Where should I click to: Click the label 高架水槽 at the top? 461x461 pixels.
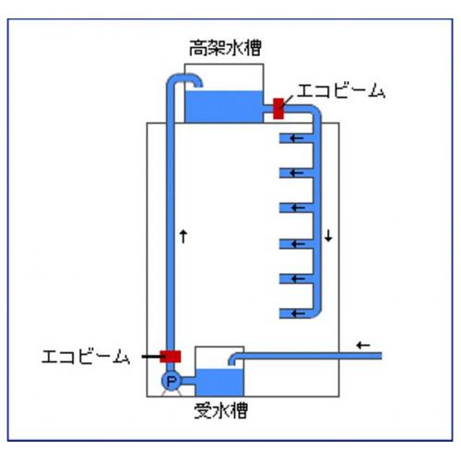click(x=225, y=48)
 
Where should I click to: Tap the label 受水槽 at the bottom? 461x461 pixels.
click(x=221, y=410)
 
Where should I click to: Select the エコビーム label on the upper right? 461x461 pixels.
click(x=341, y=91)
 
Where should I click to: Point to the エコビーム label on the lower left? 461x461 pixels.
click(x=86, y=357)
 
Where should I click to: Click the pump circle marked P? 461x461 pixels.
click(x=171, y=381)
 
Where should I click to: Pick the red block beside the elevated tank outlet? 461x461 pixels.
click(x=278, y=109)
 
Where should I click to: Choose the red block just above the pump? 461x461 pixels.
click(x=171, y=357)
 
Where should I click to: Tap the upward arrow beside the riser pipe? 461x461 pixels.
click(x=183, y=236)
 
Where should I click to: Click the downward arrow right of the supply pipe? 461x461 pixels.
click(x=329, y=235)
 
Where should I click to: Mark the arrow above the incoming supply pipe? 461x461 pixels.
click(x=363, y=345)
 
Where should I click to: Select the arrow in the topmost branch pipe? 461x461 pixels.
click(x=297, y=138)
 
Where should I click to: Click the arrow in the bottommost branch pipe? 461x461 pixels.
click(x=298, y=313)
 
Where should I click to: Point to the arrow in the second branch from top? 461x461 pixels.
click(x=297, y=173)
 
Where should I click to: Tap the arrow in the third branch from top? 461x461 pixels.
click(x=298, y=208)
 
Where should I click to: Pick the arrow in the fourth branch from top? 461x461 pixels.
click(x=298, y=244)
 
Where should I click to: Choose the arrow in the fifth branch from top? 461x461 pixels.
click(x=298, y=279)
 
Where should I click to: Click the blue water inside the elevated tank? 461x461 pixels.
click(x=224, y=107)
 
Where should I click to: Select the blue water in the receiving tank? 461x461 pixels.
click(x=219, y=383)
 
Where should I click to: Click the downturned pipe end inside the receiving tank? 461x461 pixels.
click(x=232, y=360)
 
